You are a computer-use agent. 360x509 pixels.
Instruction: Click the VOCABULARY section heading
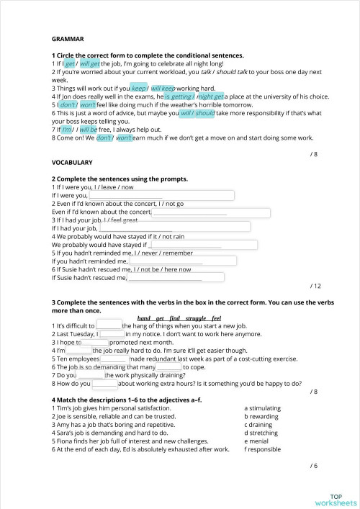point(73,163)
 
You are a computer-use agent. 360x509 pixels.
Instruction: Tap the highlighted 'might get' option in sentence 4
point(210,96)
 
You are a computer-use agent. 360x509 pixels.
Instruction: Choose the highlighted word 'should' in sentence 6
point(205,113)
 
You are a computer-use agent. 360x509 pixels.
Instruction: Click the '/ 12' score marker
point(312,286)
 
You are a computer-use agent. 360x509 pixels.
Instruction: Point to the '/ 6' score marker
point(313,465)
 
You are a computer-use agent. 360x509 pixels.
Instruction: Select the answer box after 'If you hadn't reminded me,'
point(170,261)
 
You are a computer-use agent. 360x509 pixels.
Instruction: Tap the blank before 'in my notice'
point(112,334)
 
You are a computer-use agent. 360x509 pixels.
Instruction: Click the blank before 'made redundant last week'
point(114,358)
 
